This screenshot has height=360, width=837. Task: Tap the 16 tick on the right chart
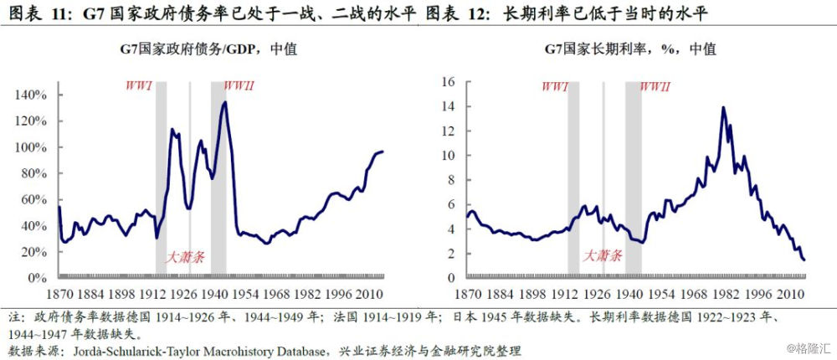[448, 82]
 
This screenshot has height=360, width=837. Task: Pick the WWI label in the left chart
[138, 86]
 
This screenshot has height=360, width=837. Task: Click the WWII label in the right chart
[655, 86]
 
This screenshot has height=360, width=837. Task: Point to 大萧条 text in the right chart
[603, 255]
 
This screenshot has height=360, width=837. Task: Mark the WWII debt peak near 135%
[224, 102]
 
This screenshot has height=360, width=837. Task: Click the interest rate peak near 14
[722, 107]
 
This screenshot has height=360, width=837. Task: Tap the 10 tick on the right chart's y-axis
[448, 156]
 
